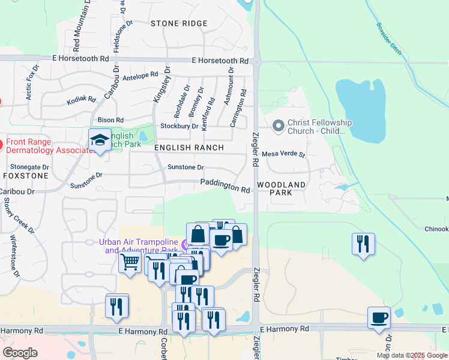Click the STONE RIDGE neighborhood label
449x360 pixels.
tap(179, 23)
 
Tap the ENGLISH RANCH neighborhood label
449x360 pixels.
tap(189, 148)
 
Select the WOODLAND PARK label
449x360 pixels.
tap(280, 188)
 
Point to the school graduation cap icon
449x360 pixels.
tap(100, 140)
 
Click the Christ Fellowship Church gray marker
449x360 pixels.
tap(278, 126)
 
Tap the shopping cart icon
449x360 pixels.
tap(130, 262)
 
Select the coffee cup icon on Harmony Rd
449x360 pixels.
tap(379, 317)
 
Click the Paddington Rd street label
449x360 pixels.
tap(225, 186)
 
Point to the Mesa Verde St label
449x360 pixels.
tap(284, 154)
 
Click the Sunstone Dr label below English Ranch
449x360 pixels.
tap(185, 167)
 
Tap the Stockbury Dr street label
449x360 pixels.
tap(179, 126)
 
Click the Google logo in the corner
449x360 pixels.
tap(20, 353)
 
